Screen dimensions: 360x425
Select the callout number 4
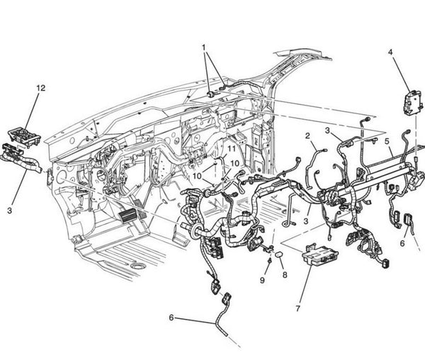point(390,50)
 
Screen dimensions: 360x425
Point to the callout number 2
point(307,135)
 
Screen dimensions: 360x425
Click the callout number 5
point(387,140)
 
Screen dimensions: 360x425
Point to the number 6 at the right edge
point(402,242)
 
